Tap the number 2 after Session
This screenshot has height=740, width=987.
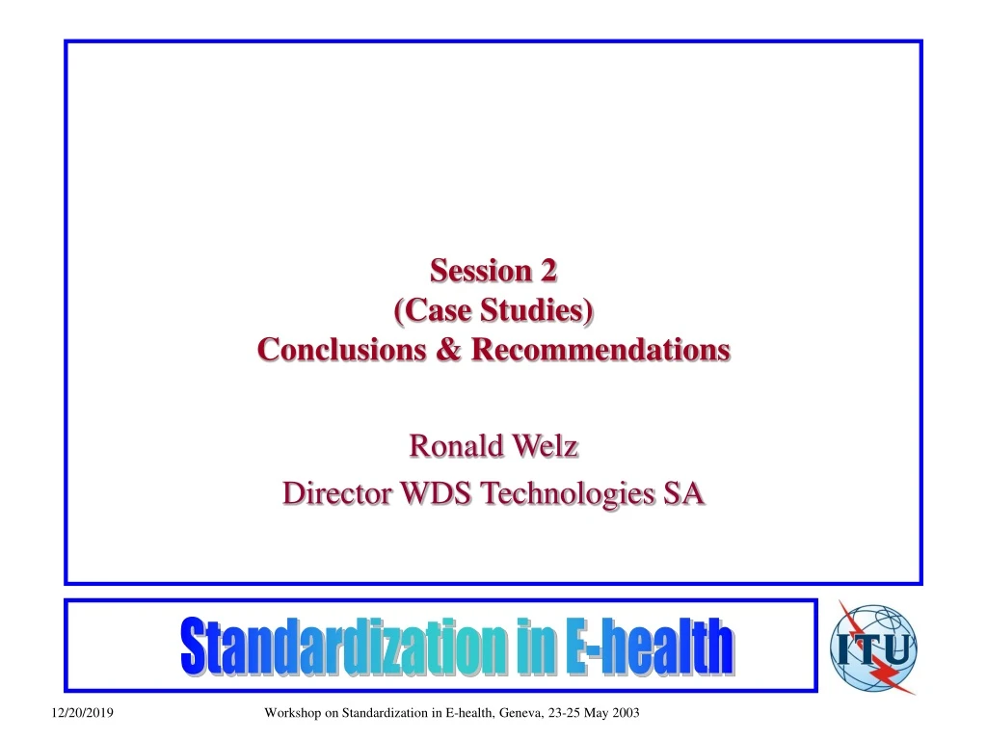(x=547, y=273)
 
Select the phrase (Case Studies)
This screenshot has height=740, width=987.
(x=493, y=310)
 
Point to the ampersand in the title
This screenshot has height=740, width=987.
(x=449, y=350)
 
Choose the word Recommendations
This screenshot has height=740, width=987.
(x=600, y=350)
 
